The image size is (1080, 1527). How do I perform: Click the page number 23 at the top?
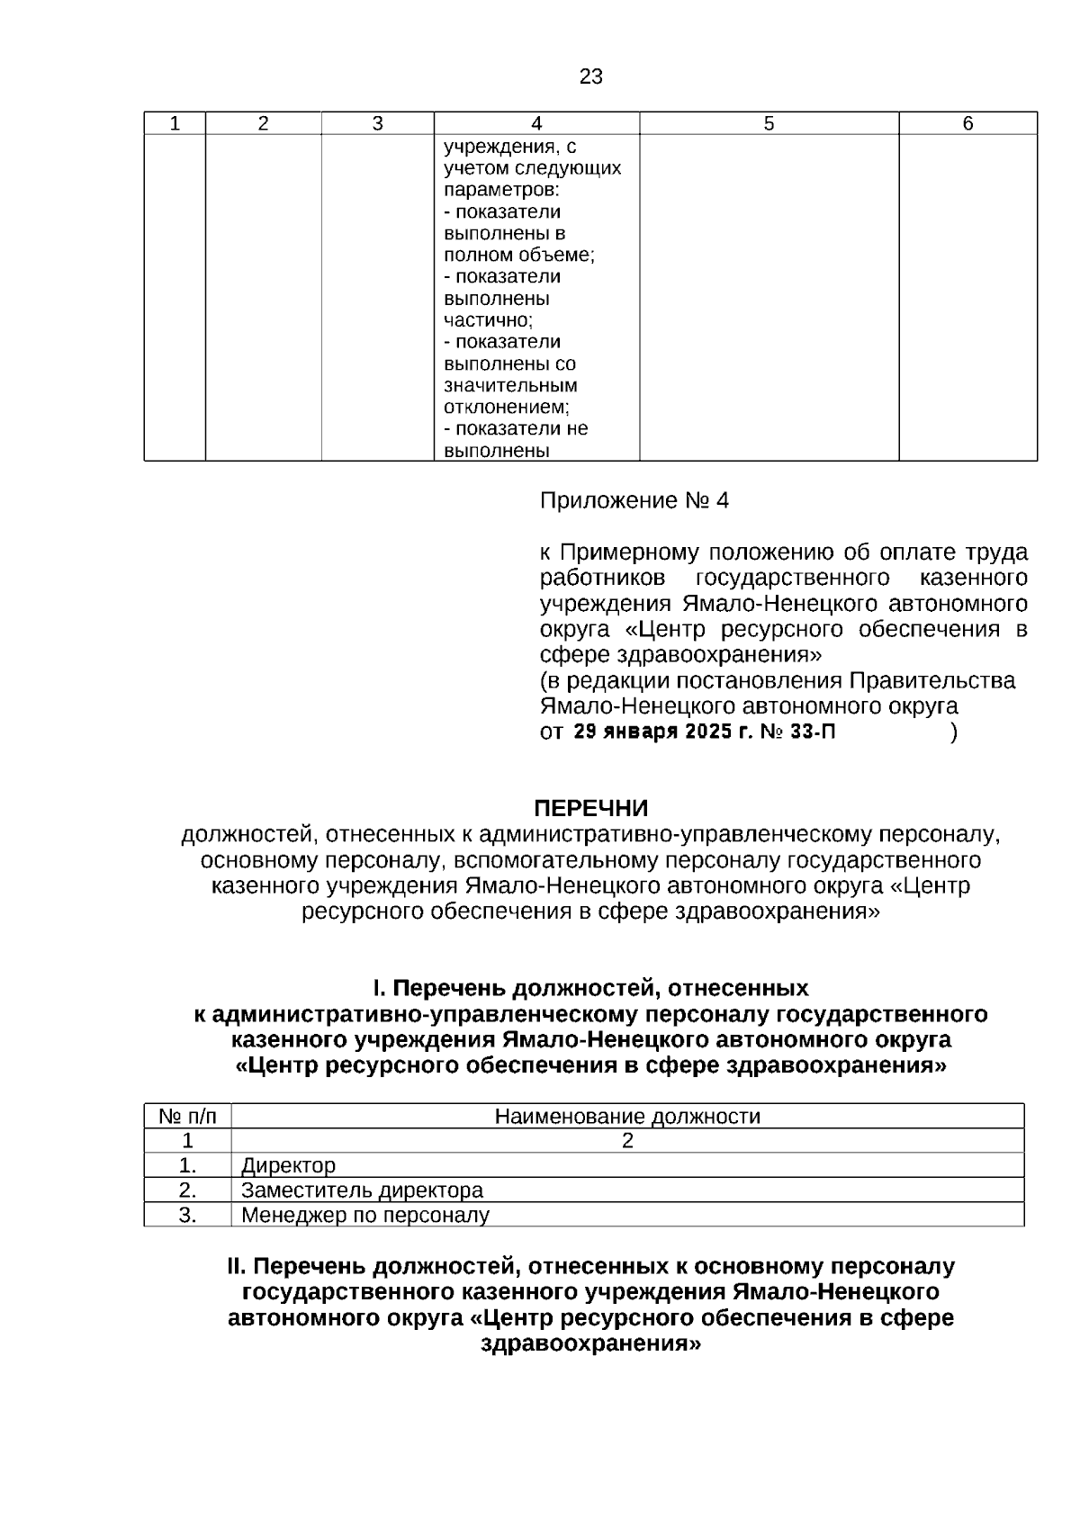tap(590, 77)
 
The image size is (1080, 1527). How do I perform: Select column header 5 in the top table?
tap(769, 124)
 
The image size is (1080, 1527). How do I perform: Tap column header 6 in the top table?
tap(967, 124)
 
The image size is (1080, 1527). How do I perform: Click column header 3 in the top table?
tap(378, 124)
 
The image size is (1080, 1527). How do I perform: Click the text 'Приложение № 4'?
tap(634, 501)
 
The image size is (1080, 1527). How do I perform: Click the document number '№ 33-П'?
tap(797, 732)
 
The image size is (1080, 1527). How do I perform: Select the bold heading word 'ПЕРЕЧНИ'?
tap(590, 809)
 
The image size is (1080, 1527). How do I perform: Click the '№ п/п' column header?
tap(188, 1117)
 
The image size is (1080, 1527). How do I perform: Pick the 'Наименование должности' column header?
tap(627, 1117)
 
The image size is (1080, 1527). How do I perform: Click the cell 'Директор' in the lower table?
tap(288, 1166)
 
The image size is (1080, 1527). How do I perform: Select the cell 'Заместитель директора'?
tap(362, 1190)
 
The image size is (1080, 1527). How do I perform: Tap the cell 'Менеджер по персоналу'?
tap(365, 1216)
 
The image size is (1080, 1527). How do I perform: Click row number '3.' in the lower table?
tap(188, 1216)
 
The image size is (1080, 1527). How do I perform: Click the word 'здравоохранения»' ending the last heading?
tap(590, 1345)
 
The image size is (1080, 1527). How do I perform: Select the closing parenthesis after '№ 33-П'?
tap(953, 732)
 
